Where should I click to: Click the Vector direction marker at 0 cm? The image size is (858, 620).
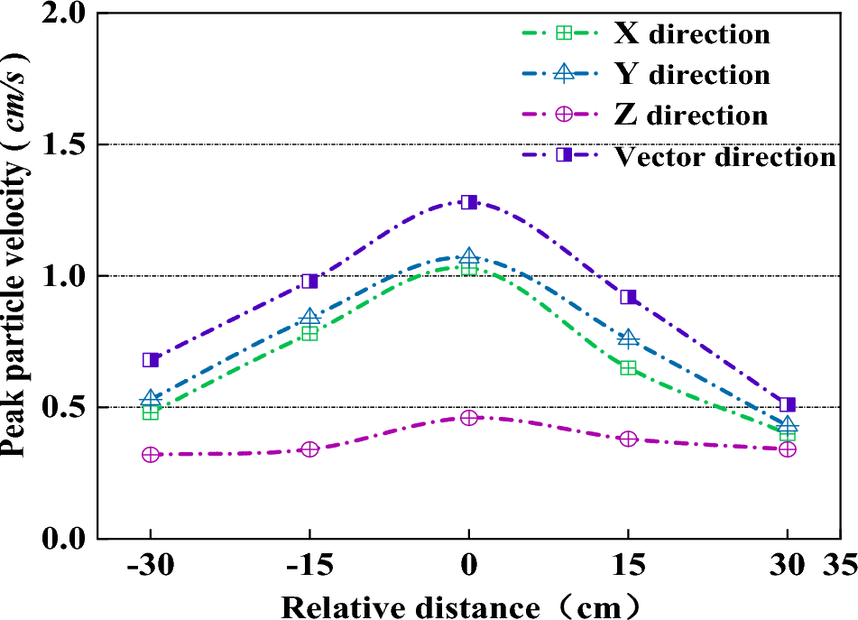tap(468, 202)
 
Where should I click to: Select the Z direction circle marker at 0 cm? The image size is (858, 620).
tap(468, 418)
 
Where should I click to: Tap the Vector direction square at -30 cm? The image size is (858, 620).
tap(151, 360)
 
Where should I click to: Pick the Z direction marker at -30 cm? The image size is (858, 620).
tap(151, 455)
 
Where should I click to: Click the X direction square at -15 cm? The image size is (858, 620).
tap(309, 333)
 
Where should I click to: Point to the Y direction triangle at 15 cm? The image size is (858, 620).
tap(629, 338)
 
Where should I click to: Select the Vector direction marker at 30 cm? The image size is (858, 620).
tap(787, 405)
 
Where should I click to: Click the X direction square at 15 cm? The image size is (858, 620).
tap(629, 367)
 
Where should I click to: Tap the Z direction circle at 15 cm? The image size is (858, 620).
tap(629, 439)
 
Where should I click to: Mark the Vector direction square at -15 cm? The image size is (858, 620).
tap(309, 282)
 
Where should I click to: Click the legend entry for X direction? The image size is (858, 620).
tap(691, 33)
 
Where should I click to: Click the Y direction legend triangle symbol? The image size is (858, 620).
tap(563, 74)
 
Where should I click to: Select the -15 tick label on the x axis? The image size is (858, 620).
tap(309, 567)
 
